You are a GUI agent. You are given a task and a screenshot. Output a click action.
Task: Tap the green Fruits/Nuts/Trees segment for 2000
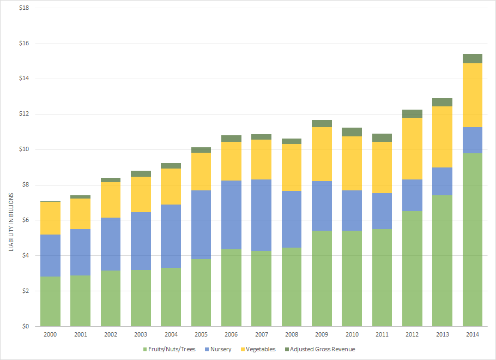[51, 301]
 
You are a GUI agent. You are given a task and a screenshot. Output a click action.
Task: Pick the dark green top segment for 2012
[412, 113]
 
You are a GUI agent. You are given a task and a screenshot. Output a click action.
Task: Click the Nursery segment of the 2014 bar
[473, 140]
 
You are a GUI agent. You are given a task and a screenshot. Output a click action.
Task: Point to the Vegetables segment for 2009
[322, 154]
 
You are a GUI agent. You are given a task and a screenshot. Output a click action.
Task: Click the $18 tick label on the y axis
[25, 8]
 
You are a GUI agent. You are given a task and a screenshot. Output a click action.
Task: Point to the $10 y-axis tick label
[25, 149]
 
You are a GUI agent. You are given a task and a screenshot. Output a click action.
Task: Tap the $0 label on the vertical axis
[26, 326]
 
